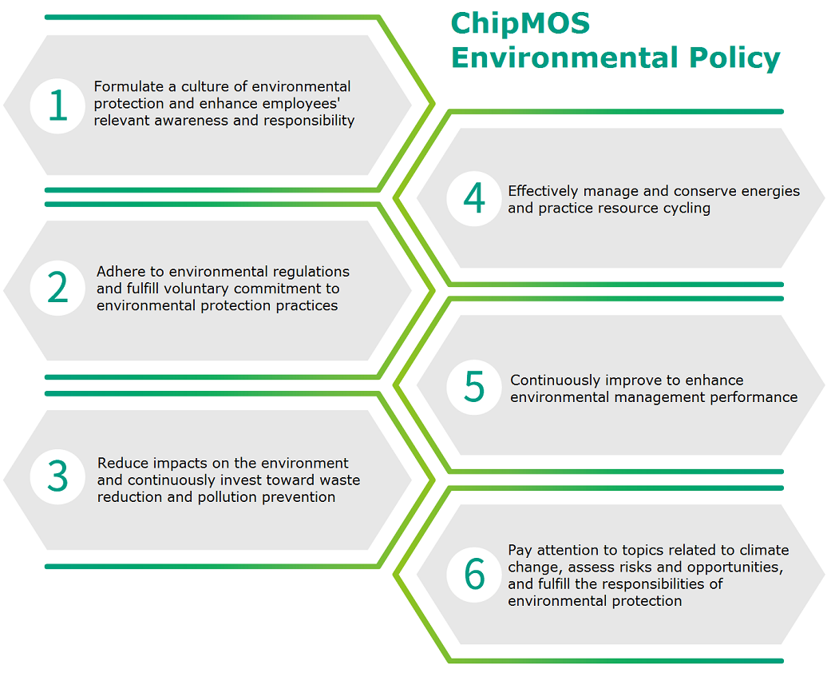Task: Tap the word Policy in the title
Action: coord(734,58)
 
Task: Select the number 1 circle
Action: coord(57,105)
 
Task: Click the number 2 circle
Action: coord(57,288)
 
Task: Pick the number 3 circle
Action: coord(57,476)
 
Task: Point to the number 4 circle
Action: coord(474,198)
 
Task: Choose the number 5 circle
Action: coord(474,387)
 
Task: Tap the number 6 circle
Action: coord(474,575)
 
